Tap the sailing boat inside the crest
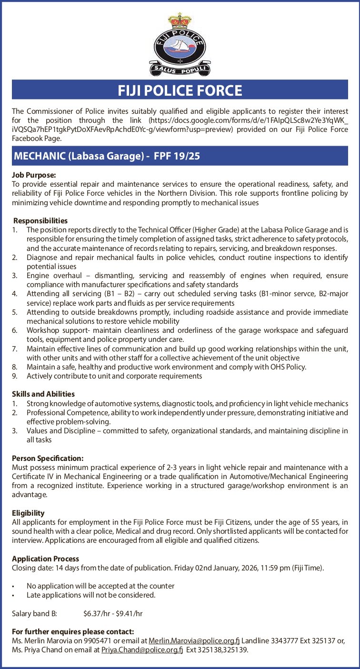(180, 46)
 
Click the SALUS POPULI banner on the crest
(180, 70)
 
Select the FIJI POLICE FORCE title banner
(180, 90)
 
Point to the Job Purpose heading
(34, 175)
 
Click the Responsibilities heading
(40, 220)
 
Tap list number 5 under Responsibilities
(15, 312)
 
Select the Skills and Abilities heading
(43, 394)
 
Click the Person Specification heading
(48, 458)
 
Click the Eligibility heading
(28, 513)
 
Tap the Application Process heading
(45, 559)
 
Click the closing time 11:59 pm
(273, 568)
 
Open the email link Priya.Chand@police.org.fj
(142, 649)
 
